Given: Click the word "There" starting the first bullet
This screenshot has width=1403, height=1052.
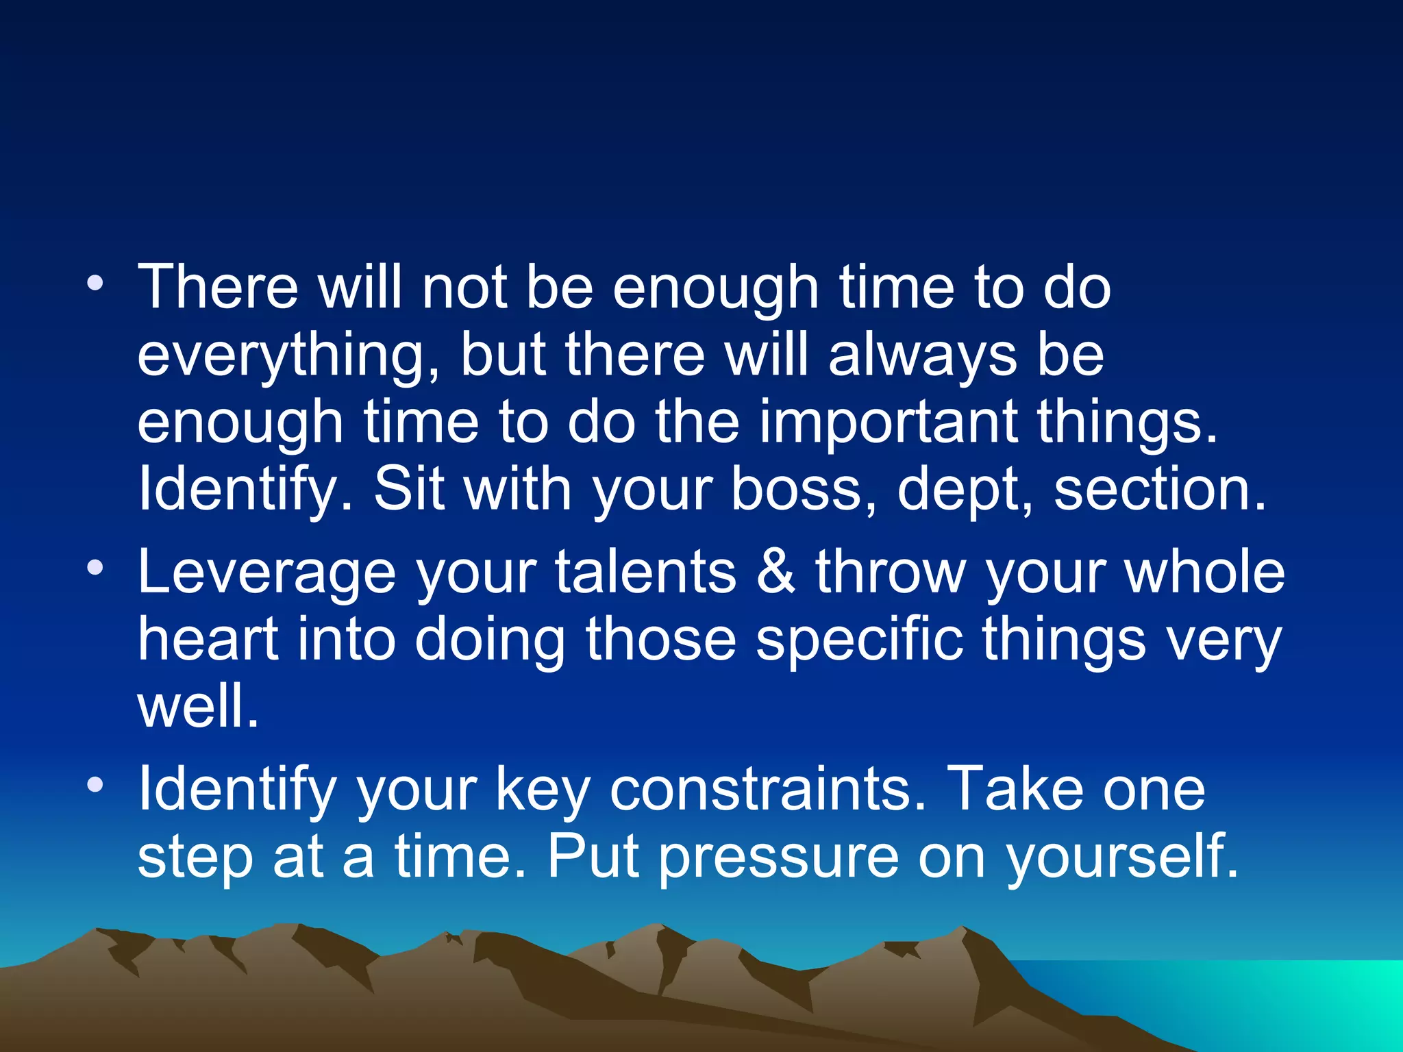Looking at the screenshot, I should point(218,287).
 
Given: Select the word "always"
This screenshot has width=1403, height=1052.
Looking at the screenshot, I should point(922,356).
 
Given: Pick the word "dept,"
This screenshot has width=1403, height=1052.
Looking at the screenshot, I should point(965,490).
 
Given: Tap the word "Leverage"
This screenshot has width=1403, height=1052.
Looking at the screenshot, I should point(266,573).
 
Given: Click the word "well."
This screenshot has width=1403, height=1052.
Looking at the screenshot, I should point(198,706).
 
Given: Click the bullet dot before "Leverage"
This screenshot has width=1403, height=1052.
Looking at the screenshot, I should point(96,568).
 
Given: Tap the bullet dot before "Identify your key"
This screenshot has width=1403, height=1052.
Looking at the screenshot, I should point(96,785).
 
